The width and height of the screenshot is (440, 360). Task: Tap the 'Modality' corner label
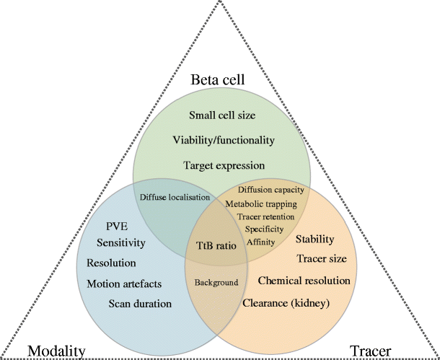(56, 351)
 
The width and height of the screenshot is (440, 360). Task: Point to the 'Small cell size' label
(223, 115)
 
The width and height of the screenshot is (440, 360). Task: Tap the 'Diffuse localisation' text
(175, 196)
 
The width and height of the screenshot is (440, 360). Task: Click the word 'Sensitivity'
(122, 244)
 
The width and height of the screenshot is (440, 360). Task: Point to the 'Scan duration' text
(140, 304)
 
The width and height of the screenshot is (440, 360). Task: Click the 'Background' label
(216, 282)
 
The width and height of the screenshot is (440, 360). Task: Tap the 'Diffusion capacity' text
(271, 190)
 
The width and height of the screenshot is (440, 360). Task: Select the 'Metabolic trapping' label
(265, 203)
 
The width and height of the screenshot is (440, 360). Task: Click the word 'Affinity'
(260, 242)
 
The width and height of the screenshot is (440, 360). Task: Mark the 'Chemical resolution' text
(304, 280)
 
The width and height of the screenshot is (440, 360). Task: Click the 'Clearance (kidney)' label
(286, 304)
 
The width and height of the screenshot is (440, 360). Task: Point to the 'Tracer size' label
(322, 258)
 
